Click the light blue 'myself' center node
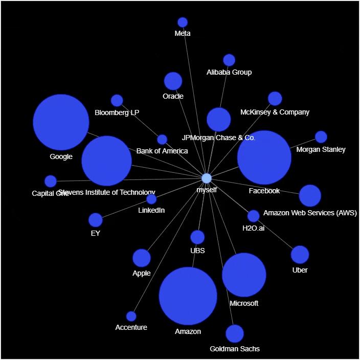click(x=207, y=178)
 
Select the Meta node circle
click(x=183, y=22)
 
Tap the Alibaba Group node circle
click(x=229, y=60)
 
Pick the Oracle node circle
click(x=173, y=81)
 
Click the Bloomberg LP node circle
click(x=117, y=101)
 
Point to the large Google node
click(x=61, y=122)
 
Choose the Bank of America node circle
click(x=162, y=140)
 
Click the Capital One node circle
click(x=51, y=181)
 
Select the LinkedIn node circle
click(x=151, y=199)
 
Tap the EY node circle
click(x=96, y=220)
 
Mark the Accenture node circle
click(x=131, y=317)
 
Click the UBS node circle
click(x=197, y=237)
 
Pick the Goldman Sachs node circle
click(x=235, y=333)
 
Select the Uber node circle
click(x=300, y=255)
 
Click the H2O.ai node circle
click(x=254, y=216)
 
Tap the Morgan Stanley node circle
click(x=321, y=137)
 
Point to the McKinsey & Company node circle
click(x=275, y=99)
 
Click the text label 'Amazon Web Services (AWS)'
click(x=310, y=213)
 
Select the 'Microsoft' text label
click(x=244, y=303)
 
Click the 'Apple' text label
click(x=142, y=273)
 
